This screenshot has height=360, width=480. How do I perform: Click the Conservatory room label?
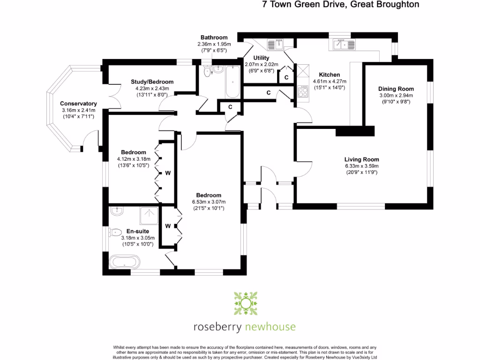(x=78, y=104)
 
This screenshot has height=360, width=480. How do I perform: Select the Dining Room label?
(x=396, y=89)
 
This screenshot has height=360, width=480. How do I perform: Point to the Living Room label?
(x=361, y=159)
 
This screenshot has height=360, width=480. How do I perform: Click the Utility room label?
(x=261, y=58)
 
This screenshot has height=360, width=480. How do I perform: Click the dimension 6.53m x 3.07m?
(x=209, y=202)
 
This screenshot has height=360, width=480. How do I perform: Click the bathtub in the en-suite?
(x=124, y=261)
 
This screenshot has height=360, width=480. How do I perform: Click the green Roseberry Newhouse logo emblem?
(x=245, y=304)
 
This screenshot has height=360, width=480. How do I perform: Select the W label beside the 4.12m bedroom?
(x=167, y=173)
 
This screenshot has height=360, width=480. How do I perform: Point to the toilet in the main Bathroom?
(x=207, y=72)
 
